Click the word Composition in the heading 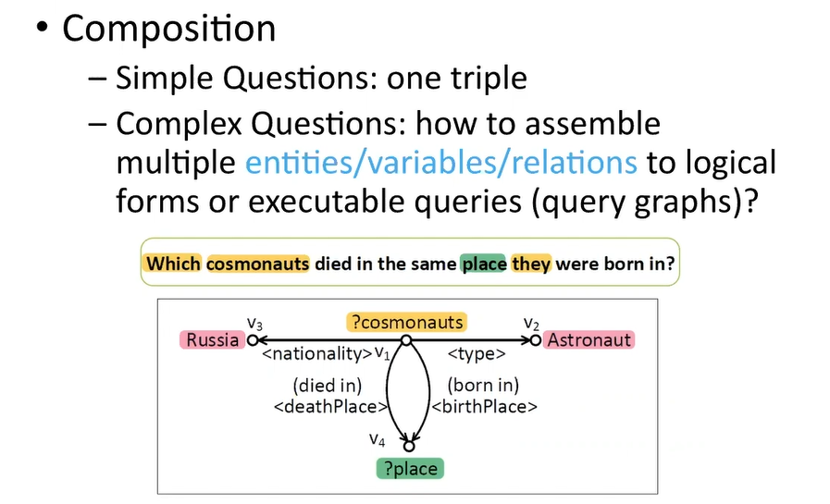[168, 29]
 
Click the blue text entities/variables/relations [441, 163]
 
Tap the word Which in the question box [173, 264]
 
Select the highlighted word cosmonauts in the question [258, 264]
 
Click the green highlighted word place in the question [483, 264]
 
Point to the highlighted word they [531, 264]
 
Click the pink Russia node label [212, 339]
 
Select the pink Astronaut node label [588, 339]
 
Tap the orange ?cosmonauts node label [407, 322]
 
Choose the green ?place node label [410, 469]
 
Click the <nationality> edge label [317, 353]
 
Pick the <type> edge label [477, 353]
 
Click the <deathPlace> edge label [331, 406]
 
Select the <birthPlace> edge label [484, 406]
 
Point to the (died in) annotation [328, 386]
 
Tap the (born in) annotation [483, 386]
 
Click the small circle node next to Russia [253, 340]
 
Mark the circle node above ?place [409, 447]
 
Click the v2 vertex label [531, 323]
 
